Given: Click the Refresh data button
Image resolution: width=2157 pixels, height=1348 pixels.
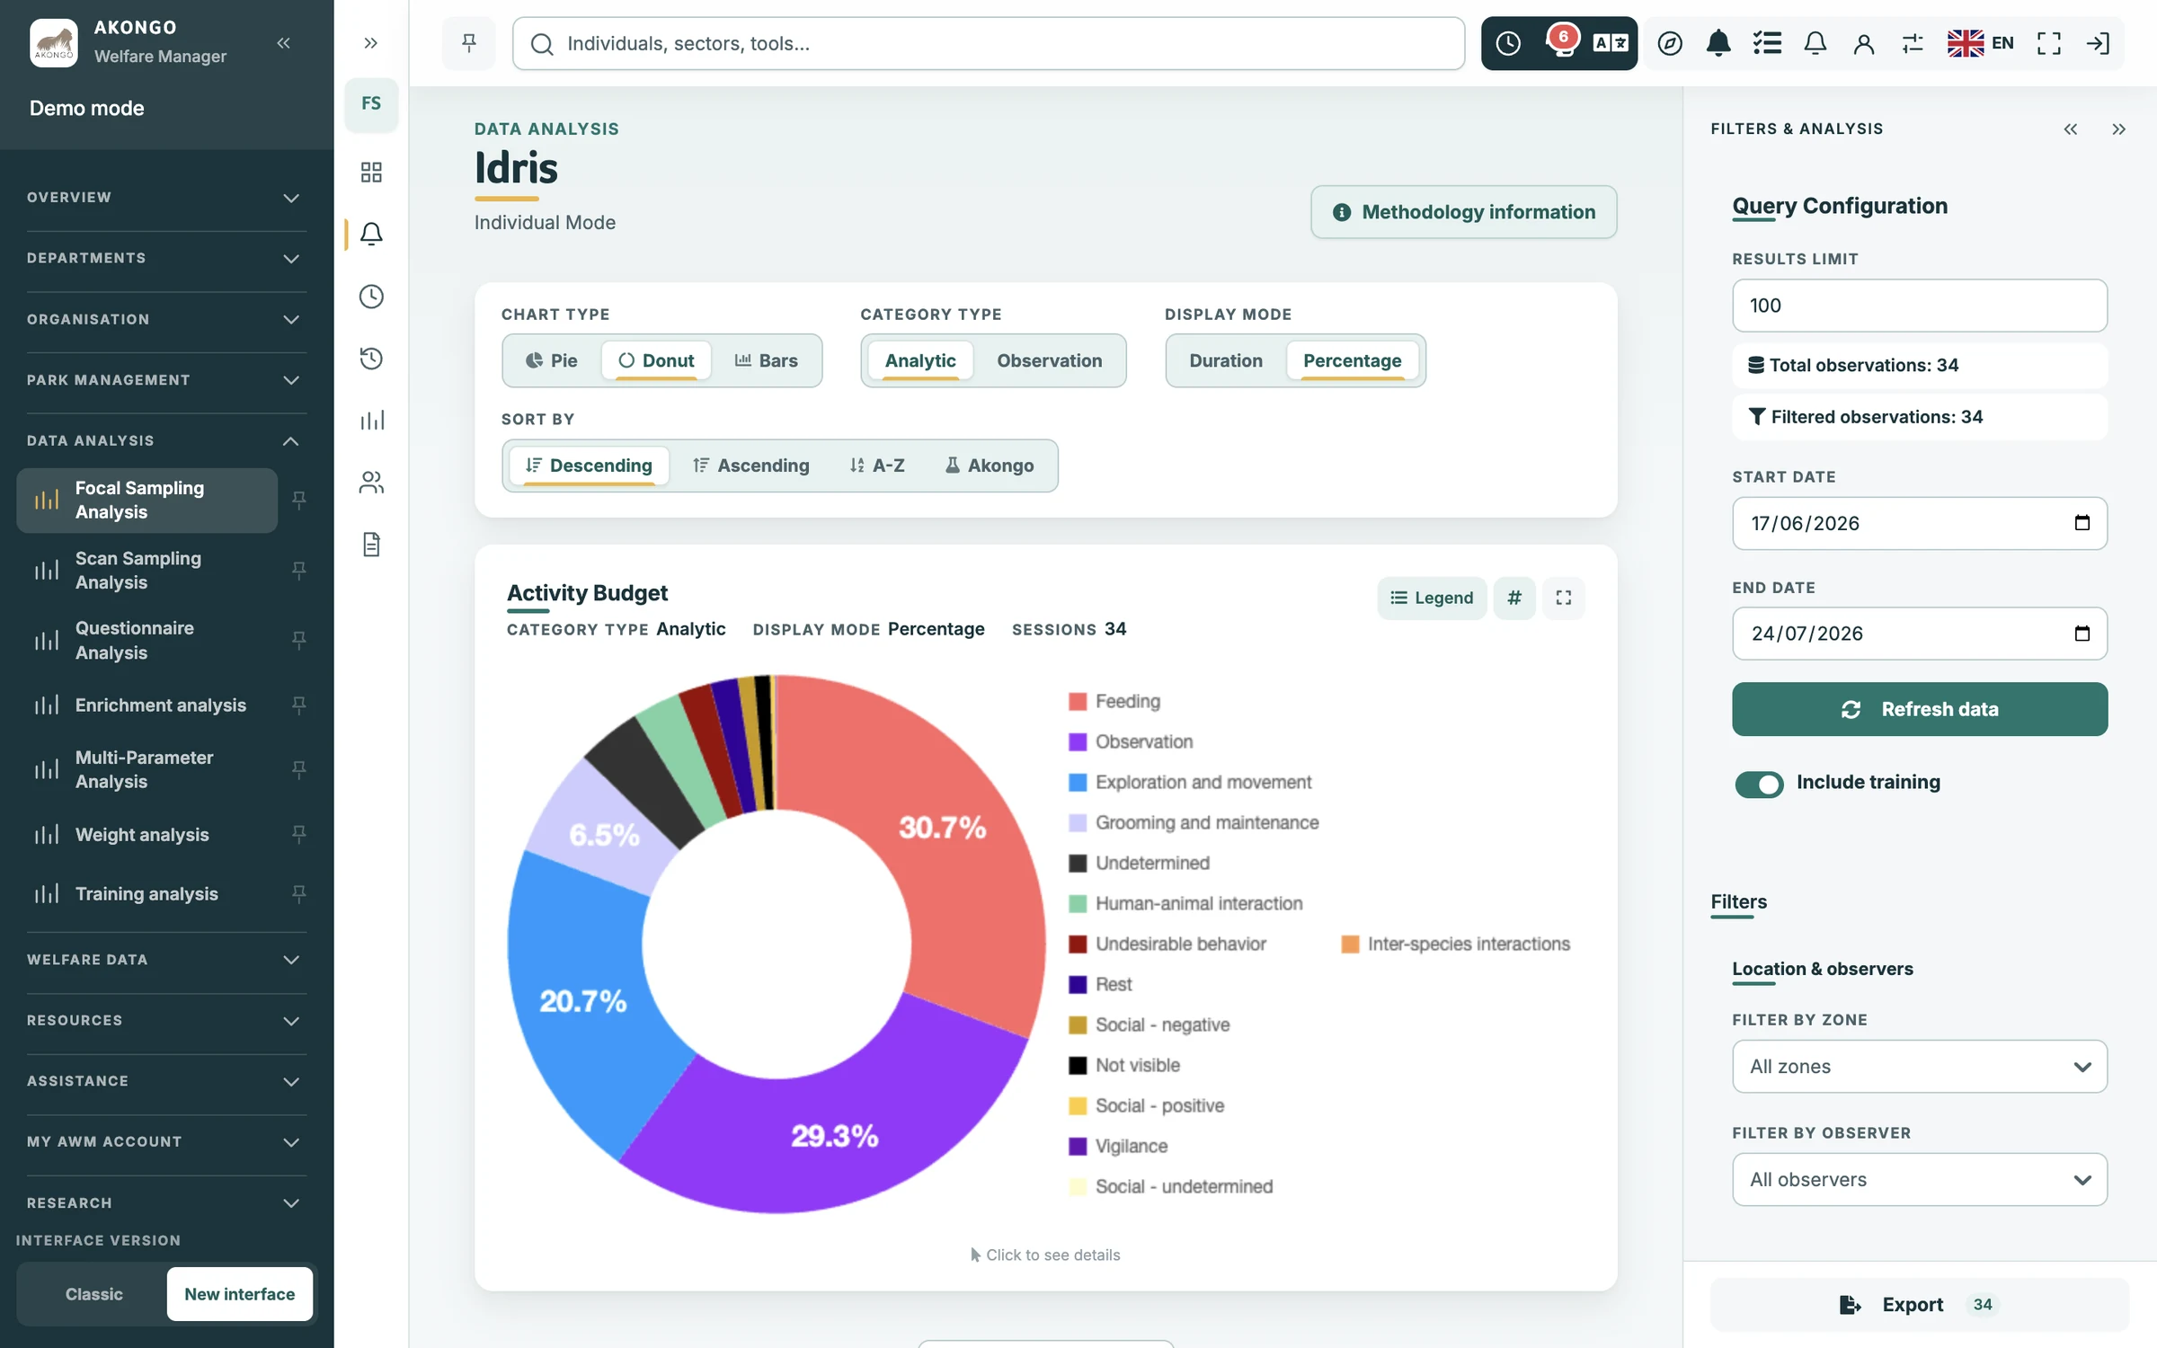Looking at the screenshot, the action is (1919, 709).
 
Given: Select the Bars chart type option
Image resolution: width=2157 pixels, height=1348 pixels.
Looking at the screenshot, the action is (766, 360).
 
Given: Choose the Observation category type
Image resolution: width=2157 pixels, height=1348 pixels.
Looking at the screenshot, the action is (1049, 360).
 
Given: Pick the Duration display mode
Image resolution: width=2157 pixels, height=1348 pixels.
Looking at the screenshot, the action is (1225, 360).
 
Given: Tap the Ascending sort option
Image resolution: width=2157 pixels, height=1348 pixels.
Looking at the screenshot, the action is (750, 466).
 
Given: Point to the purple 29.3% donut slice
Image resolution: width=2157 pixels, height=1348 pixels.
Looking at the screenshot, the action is (834, 1134).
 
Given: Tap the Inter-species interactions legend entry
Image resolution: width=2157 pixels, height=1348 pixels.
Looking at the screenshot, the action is (1455, 944).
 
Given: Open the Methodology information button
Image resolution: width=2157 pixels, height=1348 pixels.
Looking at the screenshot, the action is (1463, 212).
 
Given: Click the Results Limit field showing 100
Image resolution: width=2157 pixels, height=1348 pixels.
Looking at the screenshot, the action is (1919, 306).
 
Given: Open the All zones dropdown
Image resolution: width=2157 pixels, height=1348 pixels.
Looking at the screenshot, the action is (1919, 1067).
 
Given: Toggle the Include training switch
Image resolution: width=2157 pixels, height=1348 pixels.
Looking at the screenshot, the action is (1759, 784).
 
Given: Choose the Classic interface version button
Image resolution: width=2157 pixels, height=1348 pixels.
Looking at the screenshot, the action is (93, 1294).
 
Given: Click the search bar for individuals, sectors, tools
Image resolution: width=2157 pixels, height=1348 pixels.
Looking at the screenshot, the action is (988, 43).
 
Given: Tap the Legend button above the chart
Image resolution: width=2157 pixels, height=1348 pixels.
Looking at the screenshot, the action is (1431, 598).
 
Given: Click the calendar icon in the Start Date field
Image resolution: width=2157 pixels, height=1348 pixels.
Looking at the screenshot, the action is (2082, 522).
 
